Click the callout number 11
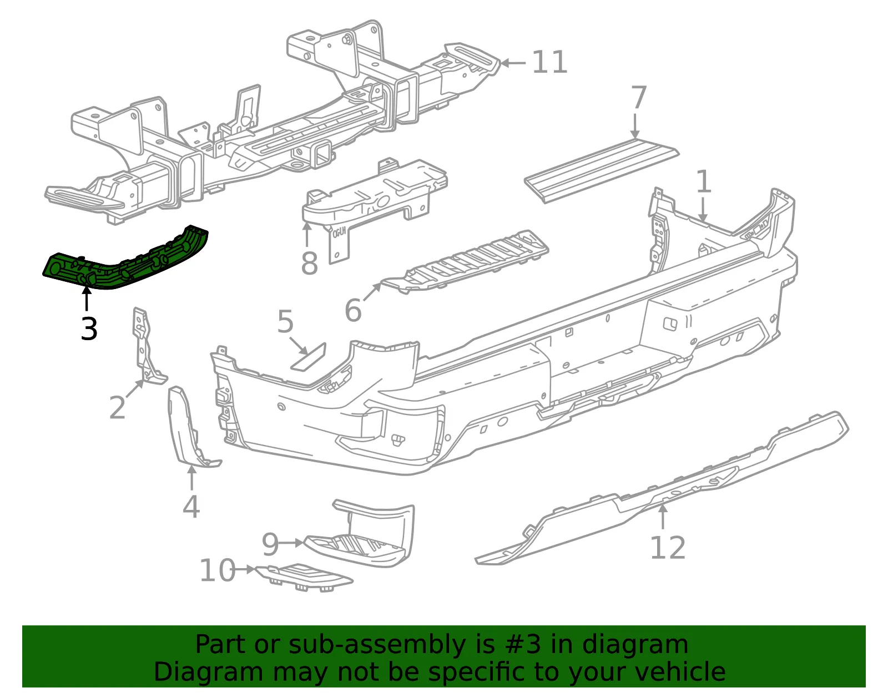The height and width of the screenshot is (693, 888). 549,63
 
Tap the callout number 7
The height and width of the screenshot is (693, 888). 639,97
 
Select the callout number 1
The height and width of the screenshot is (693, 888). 703,181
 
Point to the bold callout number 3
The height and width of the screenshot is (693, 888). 89,328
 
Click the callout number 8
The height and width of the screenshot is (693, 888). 309,264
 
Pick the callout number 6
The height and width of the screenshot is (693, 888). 353,310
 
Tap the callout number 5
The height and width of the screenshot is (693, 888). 285,321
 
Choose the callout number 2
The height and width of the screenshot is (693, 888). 118,407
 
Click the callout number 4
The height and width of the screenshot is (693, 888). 191,507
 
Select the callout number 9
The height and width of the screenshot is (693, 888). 270,544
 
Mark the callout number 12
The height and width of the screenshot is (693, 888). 668,548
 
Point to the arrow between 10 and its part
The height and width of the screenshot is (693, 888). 245,569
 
